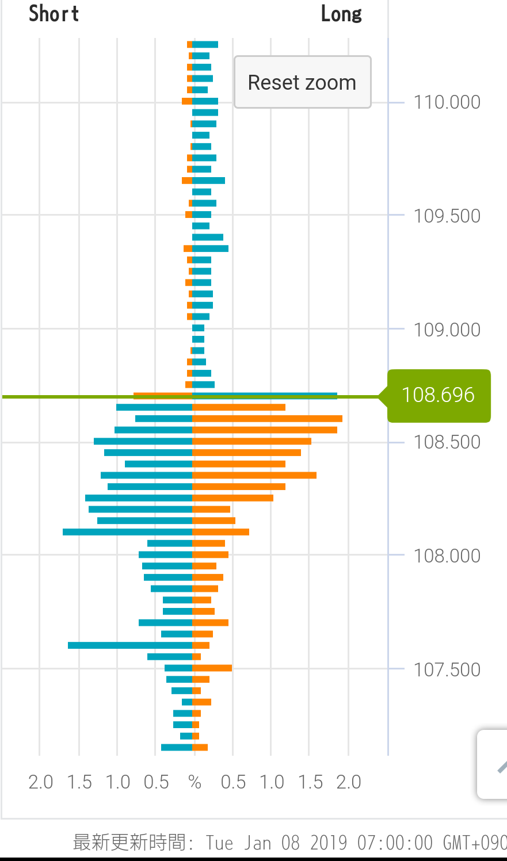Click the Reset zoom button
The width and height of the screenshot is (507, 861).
click(x=302, y=82)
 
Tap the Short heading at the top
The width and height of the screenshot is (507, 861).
click(x=54, y=14)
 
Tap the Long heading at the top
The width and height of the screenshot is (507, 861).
click(x=341, y=14)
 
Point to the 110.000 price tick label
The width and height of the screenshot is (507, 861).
click(x=447, y=102)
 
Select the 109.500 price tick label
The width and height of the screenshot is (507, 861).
click(x=447, y=216)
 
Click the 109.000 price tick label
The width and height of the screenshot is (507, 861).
click(x=447, y=330)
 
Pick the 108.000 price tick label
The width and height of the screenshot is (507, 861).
click(x=447, y=556)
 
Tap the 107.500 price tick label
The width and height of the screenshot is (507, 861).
click(x=447, y=670)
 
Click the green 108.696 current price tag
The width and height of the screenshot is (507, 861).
click(x=439, y=395)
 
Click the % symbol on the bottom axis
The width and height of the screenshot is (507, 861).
click(x=195, y=782)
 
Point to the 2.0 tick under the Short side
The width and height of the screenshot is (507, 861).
click(x=40, y=782)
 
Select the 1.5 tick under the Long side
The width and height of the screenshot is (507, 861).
click(x=310, y=782)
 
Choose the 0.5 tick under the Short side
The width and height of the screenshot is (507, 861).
click(x=156, y=782)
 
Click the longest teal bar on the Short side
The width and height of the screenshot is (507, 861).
click(x=127, y=532)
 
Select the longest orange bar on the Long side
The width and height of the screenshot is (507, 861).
click(x=267, y=419)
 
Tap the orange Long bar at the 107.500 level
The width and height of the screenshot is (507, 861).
click(x=212, y=668)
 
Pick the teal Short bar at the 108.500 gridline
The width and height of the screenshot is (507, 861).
click(x=143, y=441)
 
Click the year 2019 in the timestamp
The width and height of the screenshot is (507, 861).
click(x=329, y=843)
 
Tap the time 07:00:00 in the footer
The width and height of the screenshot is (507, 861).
click(x=395, y=843)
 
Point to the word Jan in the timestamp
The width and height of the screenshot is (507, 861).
click(x=257, y=843)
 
